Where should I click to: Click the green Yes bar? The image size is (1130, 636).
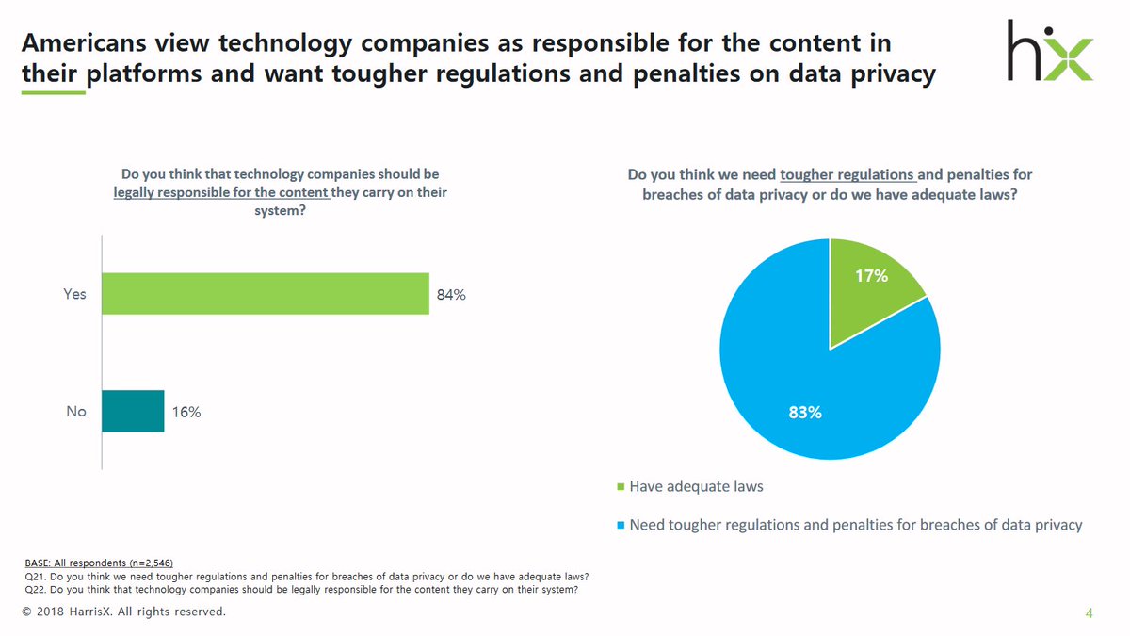click(265, 294)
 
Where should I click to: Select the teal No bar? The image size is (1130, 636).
click(133, 411)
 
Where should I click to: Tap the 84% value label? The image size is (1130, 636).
click(451, 295)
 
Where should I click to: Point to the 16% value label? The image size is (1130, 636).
click(186, 412)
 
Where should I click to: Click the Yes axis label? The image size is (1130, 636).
click(74, 294)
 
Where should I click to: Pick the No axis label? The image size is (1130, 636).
click(76, 412)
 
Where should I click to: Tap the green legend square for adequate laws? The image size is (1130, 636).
click(620, 488)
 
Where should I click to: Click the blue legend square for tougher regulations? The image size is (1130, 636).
click(620, 525)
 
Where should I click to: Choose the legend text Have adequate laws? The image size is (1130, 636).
click(696, 487)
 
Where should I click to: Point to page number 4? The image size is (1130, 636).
click(1089, 614)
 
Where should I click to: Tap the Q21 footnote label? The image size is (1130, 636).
click(34, 577)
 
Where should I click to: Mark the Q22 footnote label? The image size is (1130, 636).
click(34, 591)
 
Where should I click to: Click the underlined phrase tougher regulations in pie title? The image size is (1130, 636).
click(847, 175)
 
